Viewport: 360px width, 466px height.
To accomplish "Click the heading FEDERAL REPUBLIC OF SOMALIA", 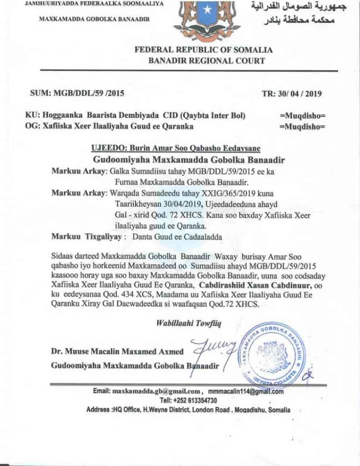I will [203, 50].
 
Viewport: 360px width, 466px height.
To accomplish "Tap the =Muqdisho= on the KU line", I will [302, 116].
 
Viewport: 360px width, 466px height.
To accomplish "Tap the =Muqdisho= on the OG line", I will [302, 126].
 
